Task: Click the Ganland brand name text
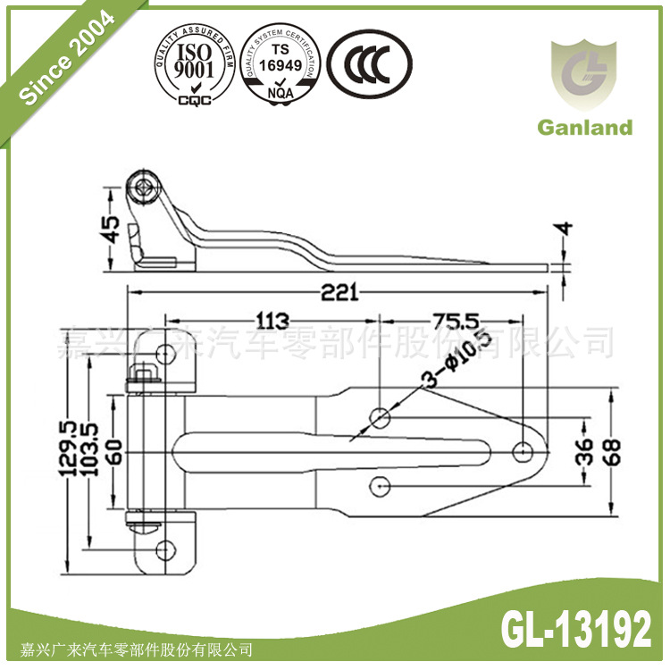pyautogui.click(x=584, y=127)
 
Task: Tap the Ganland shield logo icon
pyautogui.click(x=584, y=75)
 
